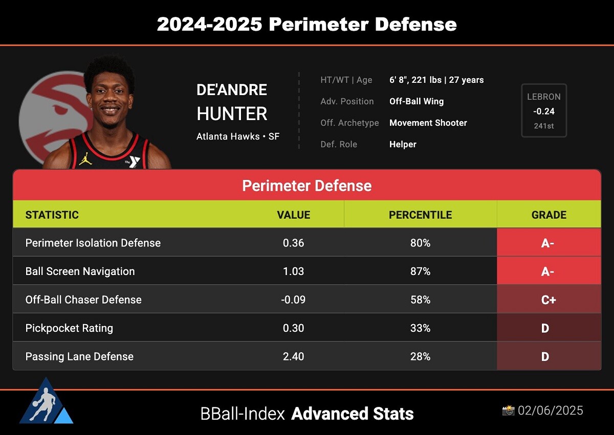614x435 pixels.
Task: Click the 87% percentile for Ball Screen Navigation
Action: (x=420, y=271)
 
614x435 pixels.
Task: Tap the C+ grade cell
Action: (x=549, y=300)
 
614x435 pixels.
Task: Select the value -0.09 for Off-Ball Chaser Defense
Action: (x=293, y=300)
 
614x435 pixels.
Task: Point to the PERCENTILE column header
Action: (x=420, y=215)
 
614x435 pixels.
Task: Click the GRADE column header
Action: (x=549, y=215)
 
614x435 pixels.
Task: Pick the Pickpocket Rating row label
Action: (x=69, y=328)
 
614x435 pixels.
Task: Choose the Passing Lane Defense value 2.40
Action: (x=293, y=356)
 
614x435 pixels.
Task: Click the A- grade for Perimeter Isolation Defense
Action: (x=547, y=243)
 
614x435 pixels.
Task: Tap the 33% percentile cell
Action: (x=420, y=328)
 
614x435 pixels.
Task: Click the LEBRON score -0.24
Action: (x=544, y=111)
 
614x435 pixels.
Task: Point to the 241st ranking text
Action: (x=544, y=126)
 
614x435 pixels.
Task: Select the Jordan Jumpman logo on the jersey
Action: (x=85, y=159)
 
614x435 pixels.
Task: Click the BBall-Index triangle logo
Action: (x=46, y=401)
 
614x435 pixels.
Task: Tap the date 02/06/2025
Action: (x=551, y=410)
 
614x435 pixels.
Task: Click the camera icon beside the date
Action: (x=508, y=410)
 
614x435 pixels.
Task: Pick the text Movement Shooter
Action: (x=428, y=123)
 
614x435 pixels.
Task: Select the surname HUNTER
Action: (x=232, y=113)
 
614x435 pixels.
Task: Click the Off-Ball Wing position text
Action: (x=416, y=101)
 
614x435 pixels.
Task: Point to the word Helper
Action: (x=403, y=144)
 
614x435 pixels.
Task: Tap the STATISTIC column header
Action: (x=52, y=215)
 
